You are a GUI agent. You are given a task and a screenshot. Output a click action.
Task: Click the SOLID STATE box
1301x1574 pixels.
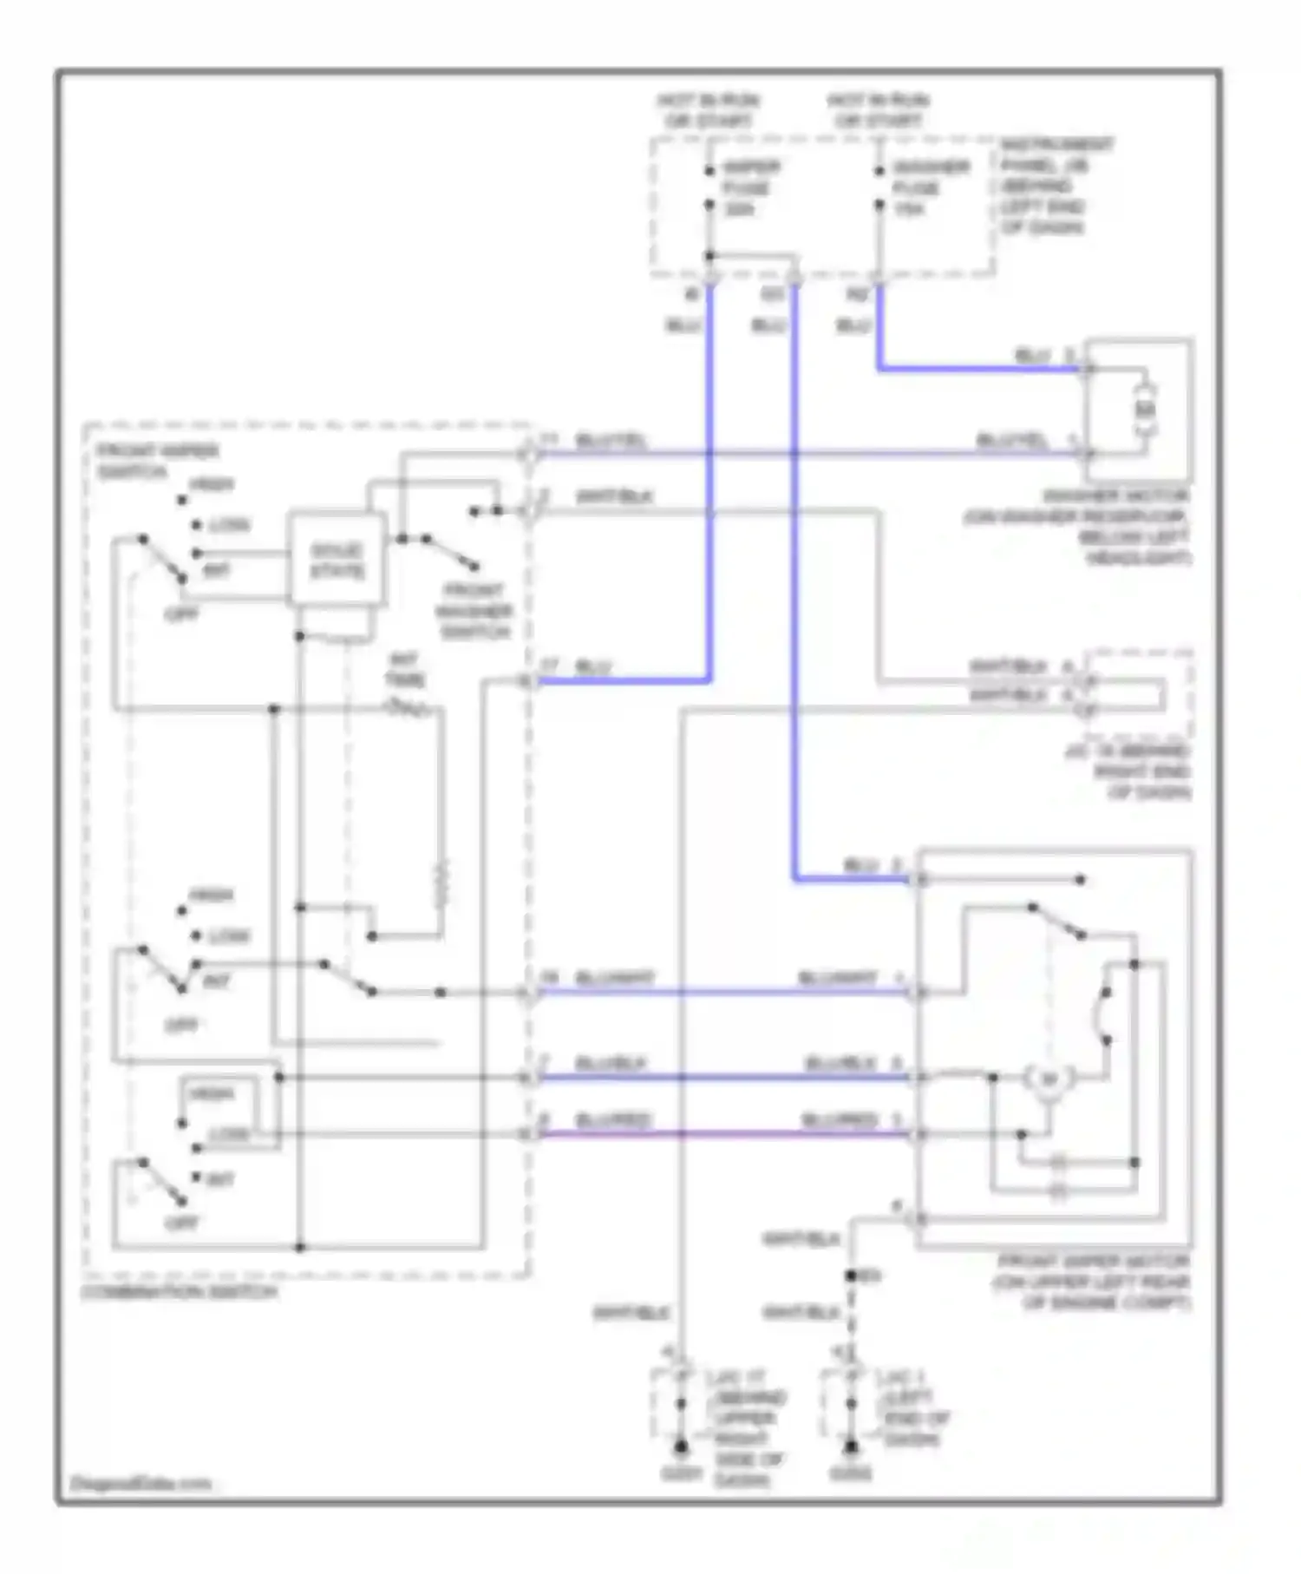(337, 560)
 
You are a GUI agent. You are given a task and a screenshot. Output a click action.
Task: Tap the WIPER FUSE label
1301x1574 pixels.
(750, 187)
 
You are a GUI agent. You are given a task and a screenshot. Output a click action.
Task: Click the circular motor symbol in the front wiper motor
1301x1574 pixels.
(1049, 1080)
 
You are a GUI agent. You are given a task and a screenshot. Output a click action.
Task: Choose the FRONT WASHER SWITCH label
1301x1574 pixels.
(474, 611)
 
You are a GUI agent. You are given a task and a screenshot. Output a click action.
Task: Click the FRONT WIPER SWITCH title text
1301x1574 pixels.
(157, 461)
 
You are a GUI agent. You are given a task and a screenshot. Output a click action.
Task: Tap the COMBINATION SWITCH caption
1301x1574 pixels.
(180, 1292)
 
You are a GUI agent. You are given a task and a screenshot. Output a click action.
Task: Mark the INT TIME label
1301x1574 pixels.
(404, 670)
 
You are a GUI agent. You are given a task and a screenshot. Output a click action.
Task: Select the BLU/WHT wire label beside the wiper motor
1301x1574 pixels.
(838, 979)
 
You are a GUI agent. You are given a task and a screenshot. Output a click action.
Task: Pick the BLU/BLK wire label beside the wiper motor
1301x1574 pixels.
(841, 1064)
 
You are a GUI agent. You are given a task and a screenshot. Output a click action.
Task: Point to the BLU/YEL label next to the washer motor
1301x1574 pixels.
(1012, 440)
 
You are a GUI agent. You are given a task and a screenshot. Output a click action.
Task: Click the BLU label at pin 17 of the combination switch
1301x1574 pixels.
(593, 667)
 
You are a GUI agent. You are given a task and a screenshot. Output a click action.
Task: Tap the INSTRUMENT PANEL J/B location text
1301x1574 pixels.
(1056, 186)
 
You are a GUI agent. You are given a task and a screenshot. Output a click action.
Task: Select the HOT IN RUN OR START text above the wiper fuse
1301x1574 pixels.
(708, 111)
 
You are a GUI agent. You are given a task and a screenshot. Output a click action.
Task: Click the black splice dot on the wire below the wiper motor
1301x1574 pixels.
(851, 1276)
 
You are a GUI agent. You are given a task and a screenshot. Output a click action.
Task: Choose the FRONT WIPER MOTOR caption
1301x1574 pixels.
(1093, 1282)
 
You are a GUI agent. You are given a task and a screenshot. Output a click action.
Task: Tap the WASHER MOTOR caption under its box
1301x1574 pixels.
(1078, 528)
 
